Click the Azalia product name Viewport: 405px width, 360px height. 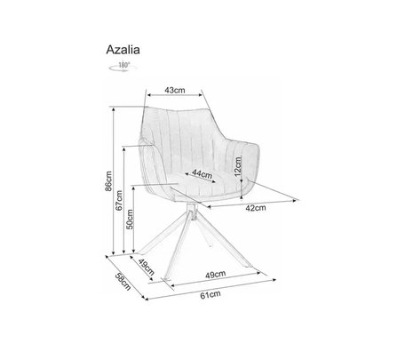pos(123,50)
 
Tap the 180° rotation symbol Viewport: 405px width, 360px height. pos(123,67)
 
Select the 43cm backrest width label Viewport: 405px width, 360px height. pos(175,90)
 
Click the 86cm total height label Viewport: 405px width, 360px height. pos(108,181)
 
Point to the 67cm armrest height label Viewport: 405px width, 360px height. pos(119,200)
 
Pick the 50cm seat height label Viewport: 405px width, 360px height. pos(130,220)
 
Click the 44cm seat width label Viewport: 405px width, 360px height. pos(202,173)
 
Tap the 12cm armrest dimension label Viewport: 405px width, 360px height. pos(238,166)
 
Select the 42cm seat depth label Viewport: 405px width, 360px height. pos(256,208)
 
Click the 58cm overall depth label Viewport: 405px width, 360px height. pos(123,281)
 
